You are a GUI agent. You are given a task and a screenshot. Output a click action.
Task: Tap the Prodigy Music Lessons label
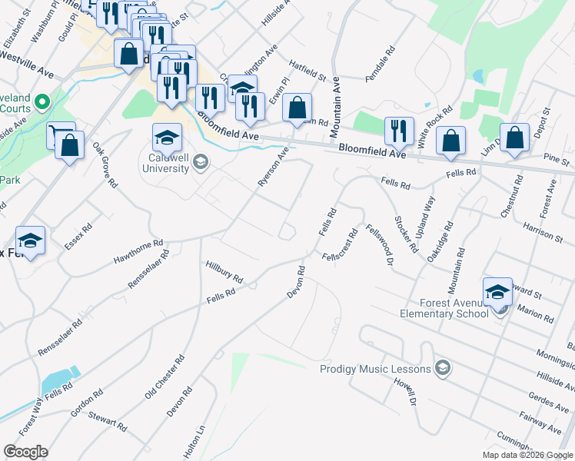(x=375, y=370)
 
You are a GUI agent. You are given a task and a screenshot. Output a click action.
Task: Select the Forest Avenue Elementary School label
(x=444, y=308)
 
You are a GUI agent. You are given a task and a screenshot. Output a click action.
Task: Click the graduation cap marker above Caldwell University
(x=167, y=138)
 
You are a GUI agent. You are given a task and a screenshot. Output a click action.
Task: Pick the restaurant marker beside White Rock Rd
(x=399, y=131)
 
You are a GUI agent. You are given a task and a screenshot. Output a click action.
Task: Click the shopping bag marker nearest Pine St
(x=515, y=138)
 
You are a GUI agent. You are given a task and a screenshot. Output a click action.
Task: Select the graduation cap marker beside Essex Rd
(x=30, y=240)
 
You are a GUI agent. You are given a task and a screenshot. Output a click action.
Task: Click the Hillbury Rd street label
(x=224, y=271)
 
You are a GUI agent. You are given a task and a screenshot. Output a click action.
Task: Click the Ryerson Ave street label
(x=273, y=167)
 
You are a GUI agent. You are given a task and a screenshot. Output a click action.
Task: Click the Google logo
(x=25, y=452)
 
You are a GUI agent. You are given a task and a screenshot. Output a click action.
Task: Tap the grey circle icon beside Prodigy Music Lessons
(x=441, y=370)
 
